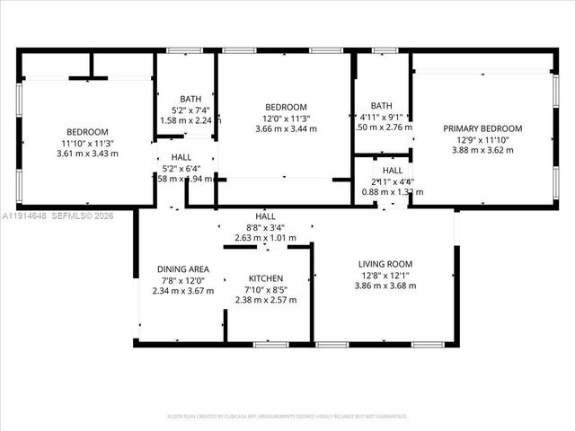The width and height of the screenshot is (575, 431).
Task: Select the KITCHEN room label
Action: [x=266, y=278]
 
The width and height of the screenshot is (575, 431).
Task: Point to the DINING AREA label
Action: [x=183, y=268]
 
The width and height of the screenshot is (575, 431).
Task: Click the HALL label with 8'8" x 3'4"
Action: [x=265, y=216]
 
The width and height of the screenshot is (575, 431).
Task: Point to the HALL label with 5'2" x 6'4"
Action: [x=181, y=157]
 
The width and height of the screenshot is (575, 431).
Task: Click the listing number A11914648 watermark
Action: [x=24, y=215]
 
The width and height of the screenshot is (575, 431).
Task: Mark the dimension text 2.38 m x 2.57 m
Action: [x=266, y=301]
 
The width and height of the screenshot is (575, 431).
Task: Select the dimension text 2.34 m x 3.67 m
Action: [x=183, y=291]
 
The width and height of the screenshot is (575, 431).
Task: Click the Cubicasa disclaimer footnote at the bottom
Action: [x=287, y=416]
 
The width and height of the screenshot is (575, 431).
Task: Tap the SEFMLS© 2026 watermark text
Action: [x=84, y=215]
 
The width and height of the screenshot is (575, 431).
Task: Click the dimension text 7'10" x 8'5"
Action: [x=266, y=290]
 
